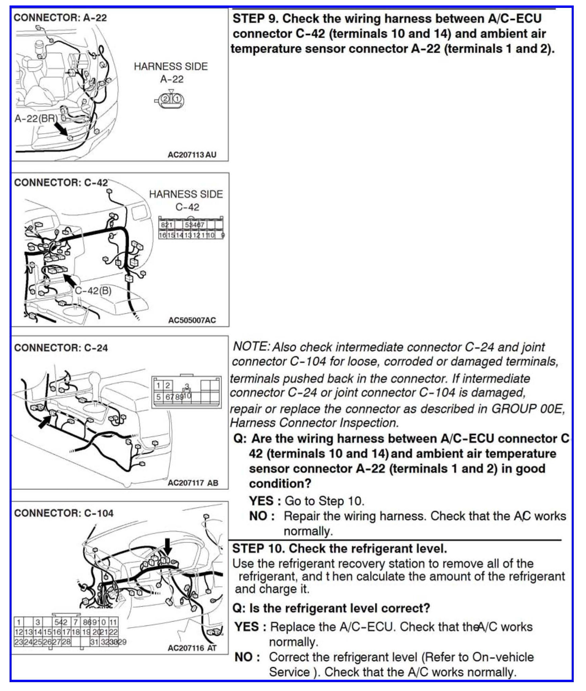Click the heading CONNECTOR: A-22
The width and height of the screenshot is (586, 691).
coord(60,17)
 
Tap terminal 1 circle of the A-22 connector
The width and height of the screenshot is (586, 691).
coord(177,99)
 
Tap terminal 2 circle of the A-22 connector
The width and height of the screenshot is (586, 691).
coord(165,99)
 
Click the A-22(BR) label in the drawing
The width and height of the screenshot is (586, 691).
coord(36,118)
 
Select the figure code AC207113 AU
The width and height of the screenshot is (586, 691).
coord(192,155)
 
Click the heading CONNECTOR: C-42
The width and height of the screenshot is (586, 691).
coord(61,183)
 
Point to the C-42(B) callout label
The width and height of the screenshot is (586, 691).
coord(93,291)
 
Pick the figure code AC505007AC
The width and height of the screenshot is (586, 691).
coord(192,320)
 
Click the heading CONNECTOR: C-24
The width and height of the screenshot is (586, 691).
coord(61,348)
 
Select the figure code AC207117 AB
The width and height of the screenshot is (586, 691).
coord(193,483)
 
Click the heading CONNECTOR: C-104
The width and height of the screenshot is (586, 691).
coord(64,513)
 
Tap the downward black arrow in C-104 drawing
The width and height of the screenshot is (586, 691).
coord(167,547)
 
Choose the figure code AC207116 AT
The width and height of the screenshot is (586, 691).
coord(192,648)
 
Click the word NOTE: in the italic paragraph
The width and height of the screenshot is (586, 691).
coord(252,347)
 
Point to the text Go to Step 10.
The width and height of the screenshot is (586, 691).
coord(324,501)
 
